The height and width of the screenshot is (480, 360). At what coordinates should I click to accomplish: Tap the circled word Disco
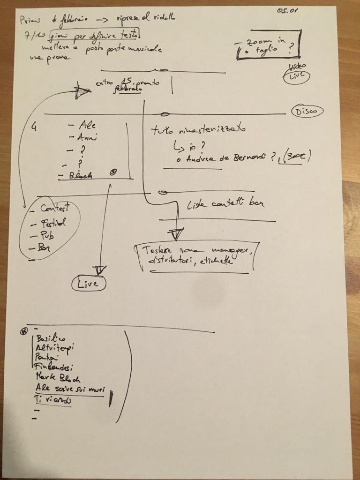(307, 112)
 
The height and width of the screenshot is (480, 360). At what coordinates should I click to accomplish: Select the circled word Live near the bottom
(88, 284)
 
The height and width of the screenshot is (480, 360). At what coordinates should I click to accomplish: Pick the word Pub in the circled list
(47, 235)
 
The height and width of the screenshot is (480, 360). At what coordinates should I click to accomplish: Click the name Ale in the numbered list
(87, 125)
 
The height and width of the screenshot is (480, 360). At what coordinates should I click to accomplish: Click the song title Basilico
(51, 338)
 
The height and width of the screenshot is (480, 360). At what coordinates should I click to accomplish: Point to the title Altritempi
(55, 348)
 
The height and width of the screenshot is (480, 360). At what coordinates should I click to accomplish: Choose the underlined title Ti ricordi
(53, 401)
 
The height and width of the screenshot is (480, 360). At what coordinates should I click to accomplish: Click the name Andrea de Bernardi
(221, 158)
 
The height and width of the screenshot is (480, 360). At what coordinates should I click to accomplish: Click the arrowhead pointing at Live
(99, 270)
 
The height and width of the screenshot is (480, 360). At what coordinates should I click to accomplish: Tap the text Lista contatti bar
(225, 203)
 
